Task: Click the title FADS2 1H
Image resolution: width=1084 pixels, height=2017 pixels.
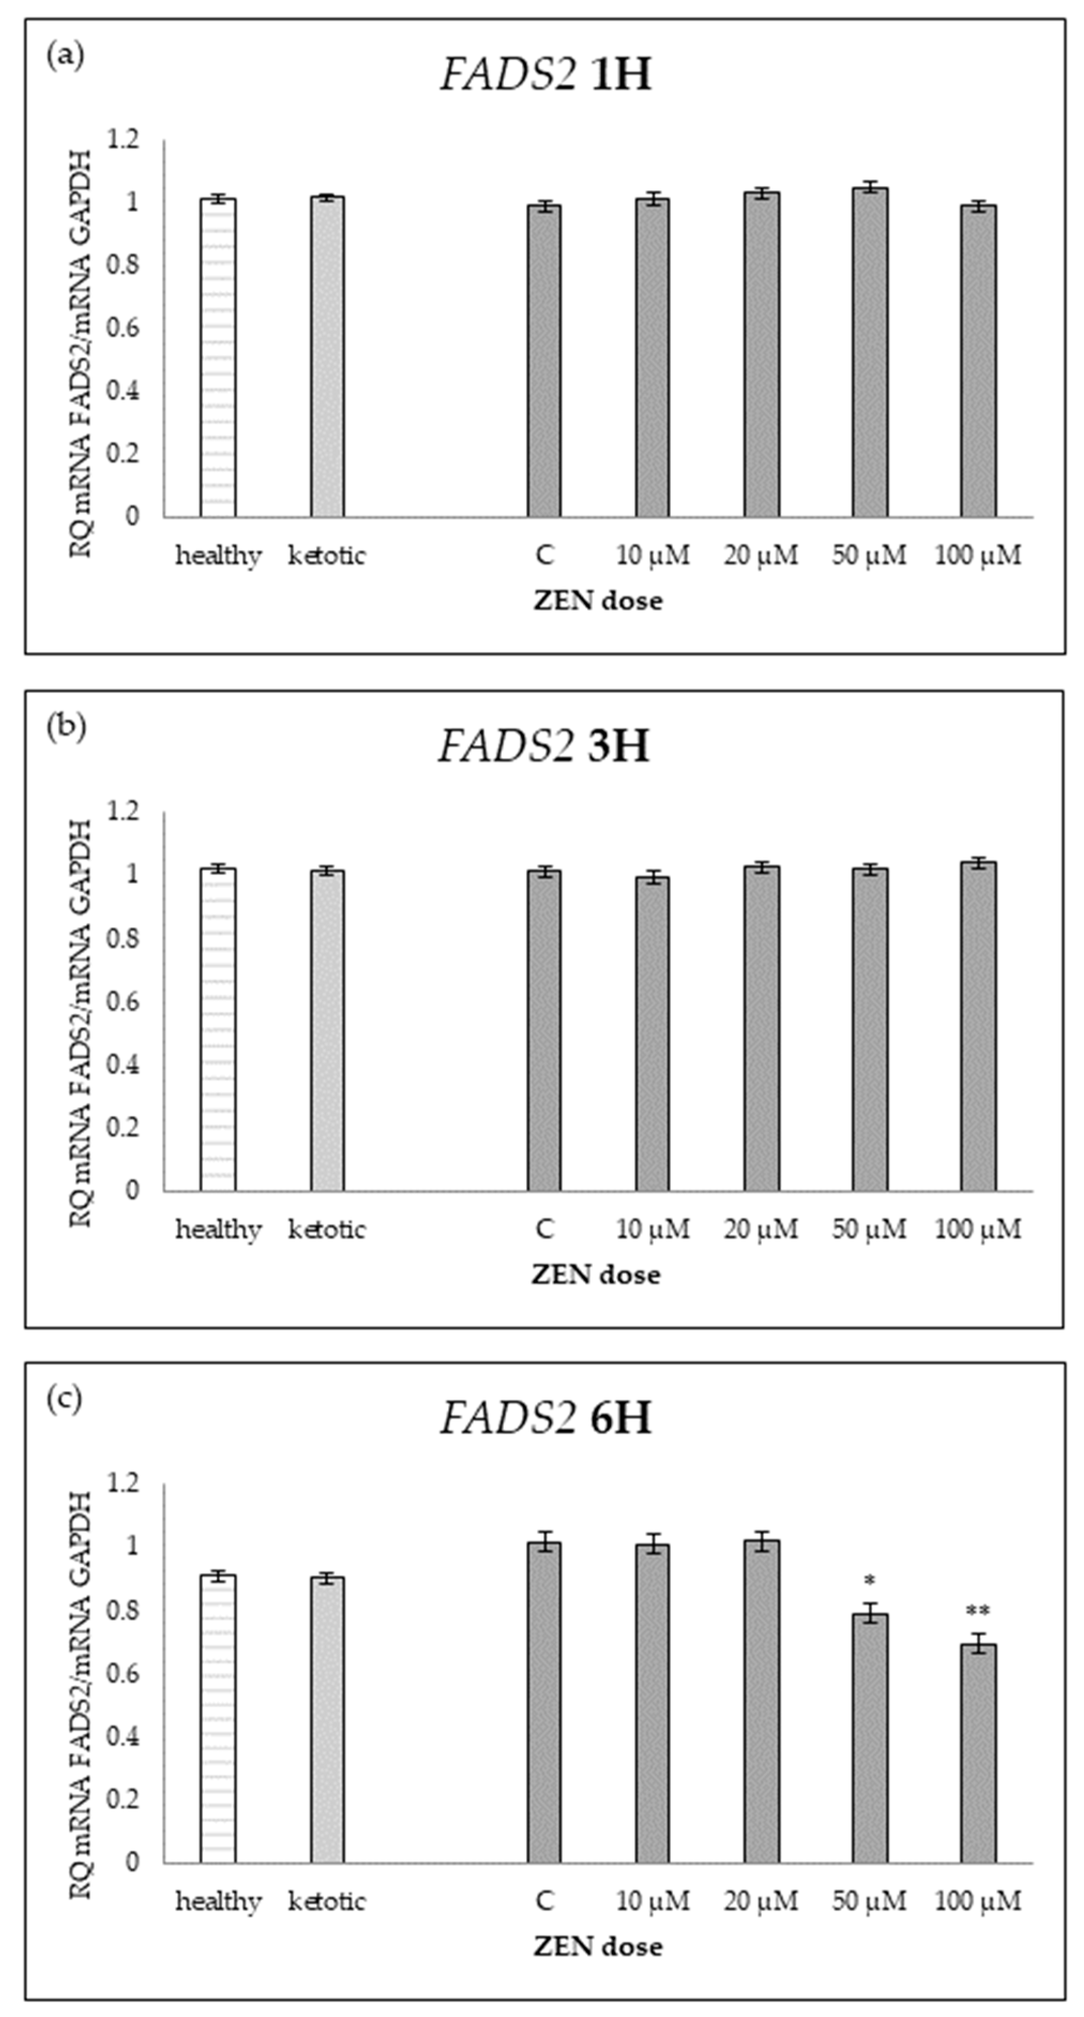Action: tap(545, 76)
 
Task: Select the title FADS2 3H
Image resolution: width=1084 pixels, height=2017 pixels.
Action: tap(543, 746)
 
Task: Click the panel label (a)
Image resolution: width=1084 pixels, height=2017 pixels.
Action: tap(65, 56)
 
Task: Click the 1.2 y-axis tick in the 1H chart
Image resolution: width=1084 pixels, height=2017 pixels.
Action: tap(123, 140)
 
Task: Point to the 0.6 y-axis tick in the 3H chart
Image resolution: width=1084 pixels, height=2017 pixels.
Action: tap(123, 1002)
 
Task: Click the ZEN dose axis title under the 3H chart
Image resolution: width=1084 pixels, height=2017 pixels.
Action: tap(596, 1275)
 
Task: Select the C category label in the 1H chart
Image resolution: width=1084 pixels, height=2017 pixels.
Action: tap(545, 556)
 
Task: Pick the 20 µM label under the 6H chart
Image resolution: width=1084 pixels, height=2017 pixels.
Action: tap(761, 1900)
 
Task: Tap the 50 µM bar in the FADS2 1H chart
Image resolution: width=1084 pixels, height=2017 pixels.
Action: tap(869, 352)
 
